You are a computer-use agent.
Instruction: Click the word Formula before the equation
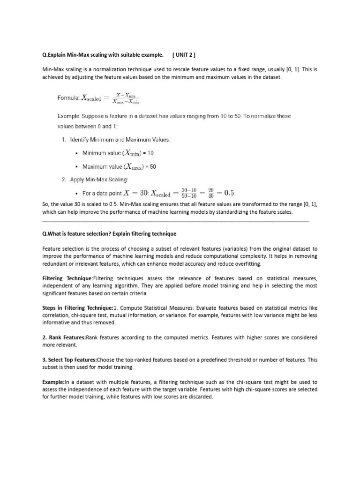click(67, 98)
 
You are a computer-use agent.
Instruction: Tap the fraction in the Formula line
click(126, 98)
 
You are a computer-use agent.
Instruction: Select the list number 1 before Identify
click(64, 140)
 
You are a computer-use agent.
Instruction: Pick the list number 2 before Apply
click(64, 179)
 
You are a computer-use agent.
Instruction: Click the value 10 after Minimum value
click(150, 153)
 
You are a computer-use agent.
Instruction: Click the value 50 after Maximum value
click(153, 166)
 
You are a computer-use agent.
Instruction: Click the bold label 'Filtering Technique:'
click(67, 278)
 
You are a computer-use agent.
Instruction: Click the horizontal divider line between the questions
click(175, 220)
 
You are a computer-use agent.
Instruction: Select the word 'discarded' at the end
click(200, 397)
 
